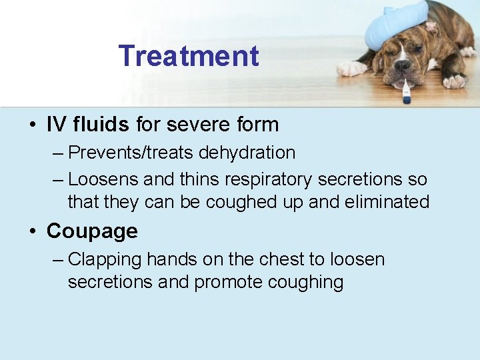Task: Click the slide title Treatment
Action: (x=189, y=56)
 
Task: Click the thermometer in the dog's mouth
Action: (x=405, y=91)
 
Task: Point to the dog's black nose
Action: (x=402, y=66)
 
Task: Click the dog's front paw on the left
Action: (x=352, y=68)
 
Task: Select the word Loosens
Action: (x=103, y=180)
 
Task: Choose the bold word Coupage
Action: (x=92, y=231)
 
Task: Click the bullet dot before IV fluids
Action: (x=32, y=125)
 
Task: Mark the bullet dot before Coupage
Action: (x=32, y=232)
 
